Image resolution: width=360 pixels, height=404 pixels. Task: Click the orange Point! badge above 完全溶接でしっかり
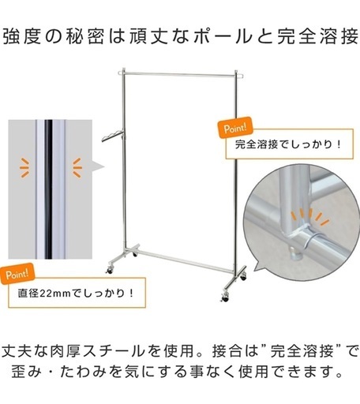click(234, 129)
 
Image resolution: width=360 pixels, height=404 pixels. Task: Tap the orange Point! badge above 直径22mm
click(17, 275)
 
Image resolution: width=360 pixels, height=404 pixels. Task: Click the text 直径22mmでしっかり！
click(76, 293)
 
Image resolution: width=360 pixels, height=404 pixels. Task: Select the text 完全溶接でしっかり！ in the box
click(289, 144)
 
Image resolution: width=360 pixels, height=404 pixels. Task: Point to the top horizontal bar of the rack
click(180, 75)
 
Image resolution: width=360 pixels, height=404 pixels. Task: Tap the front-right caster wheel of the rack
click(225, 297)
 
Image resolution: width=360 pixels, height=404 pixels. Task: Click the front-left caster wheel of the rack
click(109, 270)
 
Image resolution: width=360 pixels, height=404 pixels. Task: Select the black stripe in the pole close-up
click(48, 189)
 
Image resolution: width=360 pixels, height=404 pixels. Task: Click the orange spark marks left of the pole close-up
click(24, 167)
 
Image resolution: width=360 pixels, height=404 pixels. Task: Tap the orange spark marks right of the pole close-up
click(77, 167)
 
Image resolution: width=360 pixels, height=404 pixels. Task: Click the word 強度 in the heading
click(22, 37)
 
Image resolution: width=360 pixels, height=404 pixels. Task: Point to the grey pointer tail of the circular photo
click(260, 265)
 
